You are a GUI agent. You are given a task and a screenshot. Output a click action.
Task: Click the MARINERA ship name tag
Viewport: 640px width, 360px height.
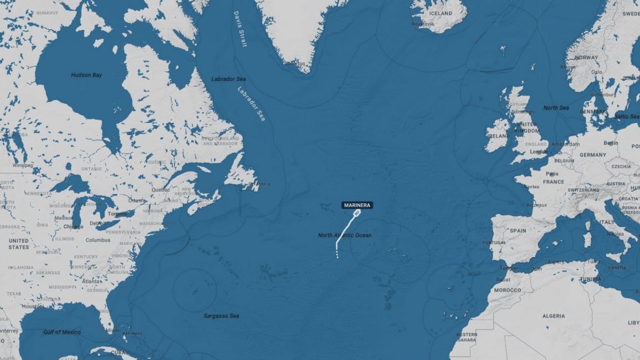pyautogui.click(x=357, y=205)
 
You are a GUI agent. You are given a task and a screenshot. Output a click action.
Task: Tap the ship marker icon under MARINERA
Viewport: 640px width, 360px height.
pyautogui.click(x=356, y=212)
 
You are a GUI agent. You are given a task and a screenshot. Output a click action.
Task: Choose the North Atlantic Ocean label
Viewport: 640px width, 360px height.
pyautogui.click(x=345, y=235)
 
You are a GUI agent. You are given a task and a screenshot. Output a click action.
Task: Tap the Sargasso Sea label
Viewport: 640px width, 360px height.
pyautogui.click(x=221, y=316)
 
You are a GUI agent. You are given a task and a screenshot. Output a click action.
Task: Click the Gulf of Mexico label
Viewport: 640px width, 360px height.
pyautogui.click(x=62, y=332)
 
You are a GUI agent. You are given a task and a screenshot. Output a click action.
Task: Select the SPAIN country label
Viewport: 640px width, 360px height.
pyautogui.click(x=518, y=230)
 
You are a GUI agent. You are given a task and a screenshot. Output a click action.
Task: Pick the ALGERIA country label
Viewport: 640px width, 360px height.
pyautogui.click(x=554, y=316)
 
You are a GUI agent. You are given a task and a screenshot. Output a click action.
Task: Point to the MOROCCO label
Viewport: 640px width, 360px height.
pyautogui.click(x=508, y=290)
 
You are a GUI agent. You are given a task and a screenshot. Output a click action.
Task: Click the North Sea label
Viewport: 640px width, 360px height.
pyautogui.click(x=556, y=108)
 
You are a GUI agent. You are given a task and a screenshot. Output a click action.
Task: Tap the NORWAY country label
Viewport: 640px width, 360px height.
pyautogui.click(x=586, y=58)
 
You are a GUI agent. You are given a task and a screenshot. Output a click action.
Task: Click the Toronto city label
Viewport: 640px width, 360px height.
pyautogui.click(x=117, y=213)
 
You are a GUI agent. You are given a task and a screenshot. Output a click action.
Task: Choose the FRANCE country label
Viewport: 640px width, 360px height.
pyautogui.click(x=553, y=182)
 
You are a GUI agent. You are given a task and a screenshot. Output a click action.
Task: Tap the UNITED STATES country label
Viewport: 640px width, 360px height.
pyautogui.click(x=18, y=244)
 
